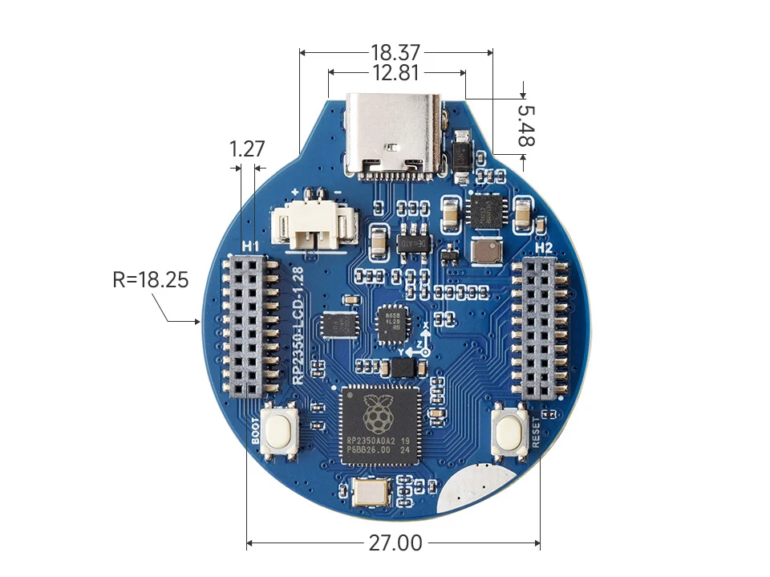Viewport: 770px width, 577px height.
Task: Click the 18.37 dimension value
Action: pos(395,53)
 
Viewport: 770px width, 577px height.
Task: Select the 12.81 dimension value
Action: pos(396,73)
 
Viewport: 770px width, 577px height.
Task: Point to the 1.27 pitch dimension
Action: pos(246,149)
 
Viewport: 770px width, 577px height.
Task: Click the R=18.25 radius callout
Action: pos(151,280)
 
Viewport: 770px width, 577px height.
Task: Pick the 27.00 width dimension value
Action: pos(395,543)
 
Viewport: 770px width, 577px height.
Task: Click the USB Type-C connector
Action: pos(394,134)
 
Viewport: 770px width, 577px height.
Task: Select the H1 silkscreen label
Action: pos(249,245)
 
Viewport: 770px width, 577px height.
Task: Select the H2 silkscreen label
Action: pos(544,248)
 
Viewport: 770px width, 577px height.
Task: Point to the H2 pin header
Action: pos(540,328)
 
